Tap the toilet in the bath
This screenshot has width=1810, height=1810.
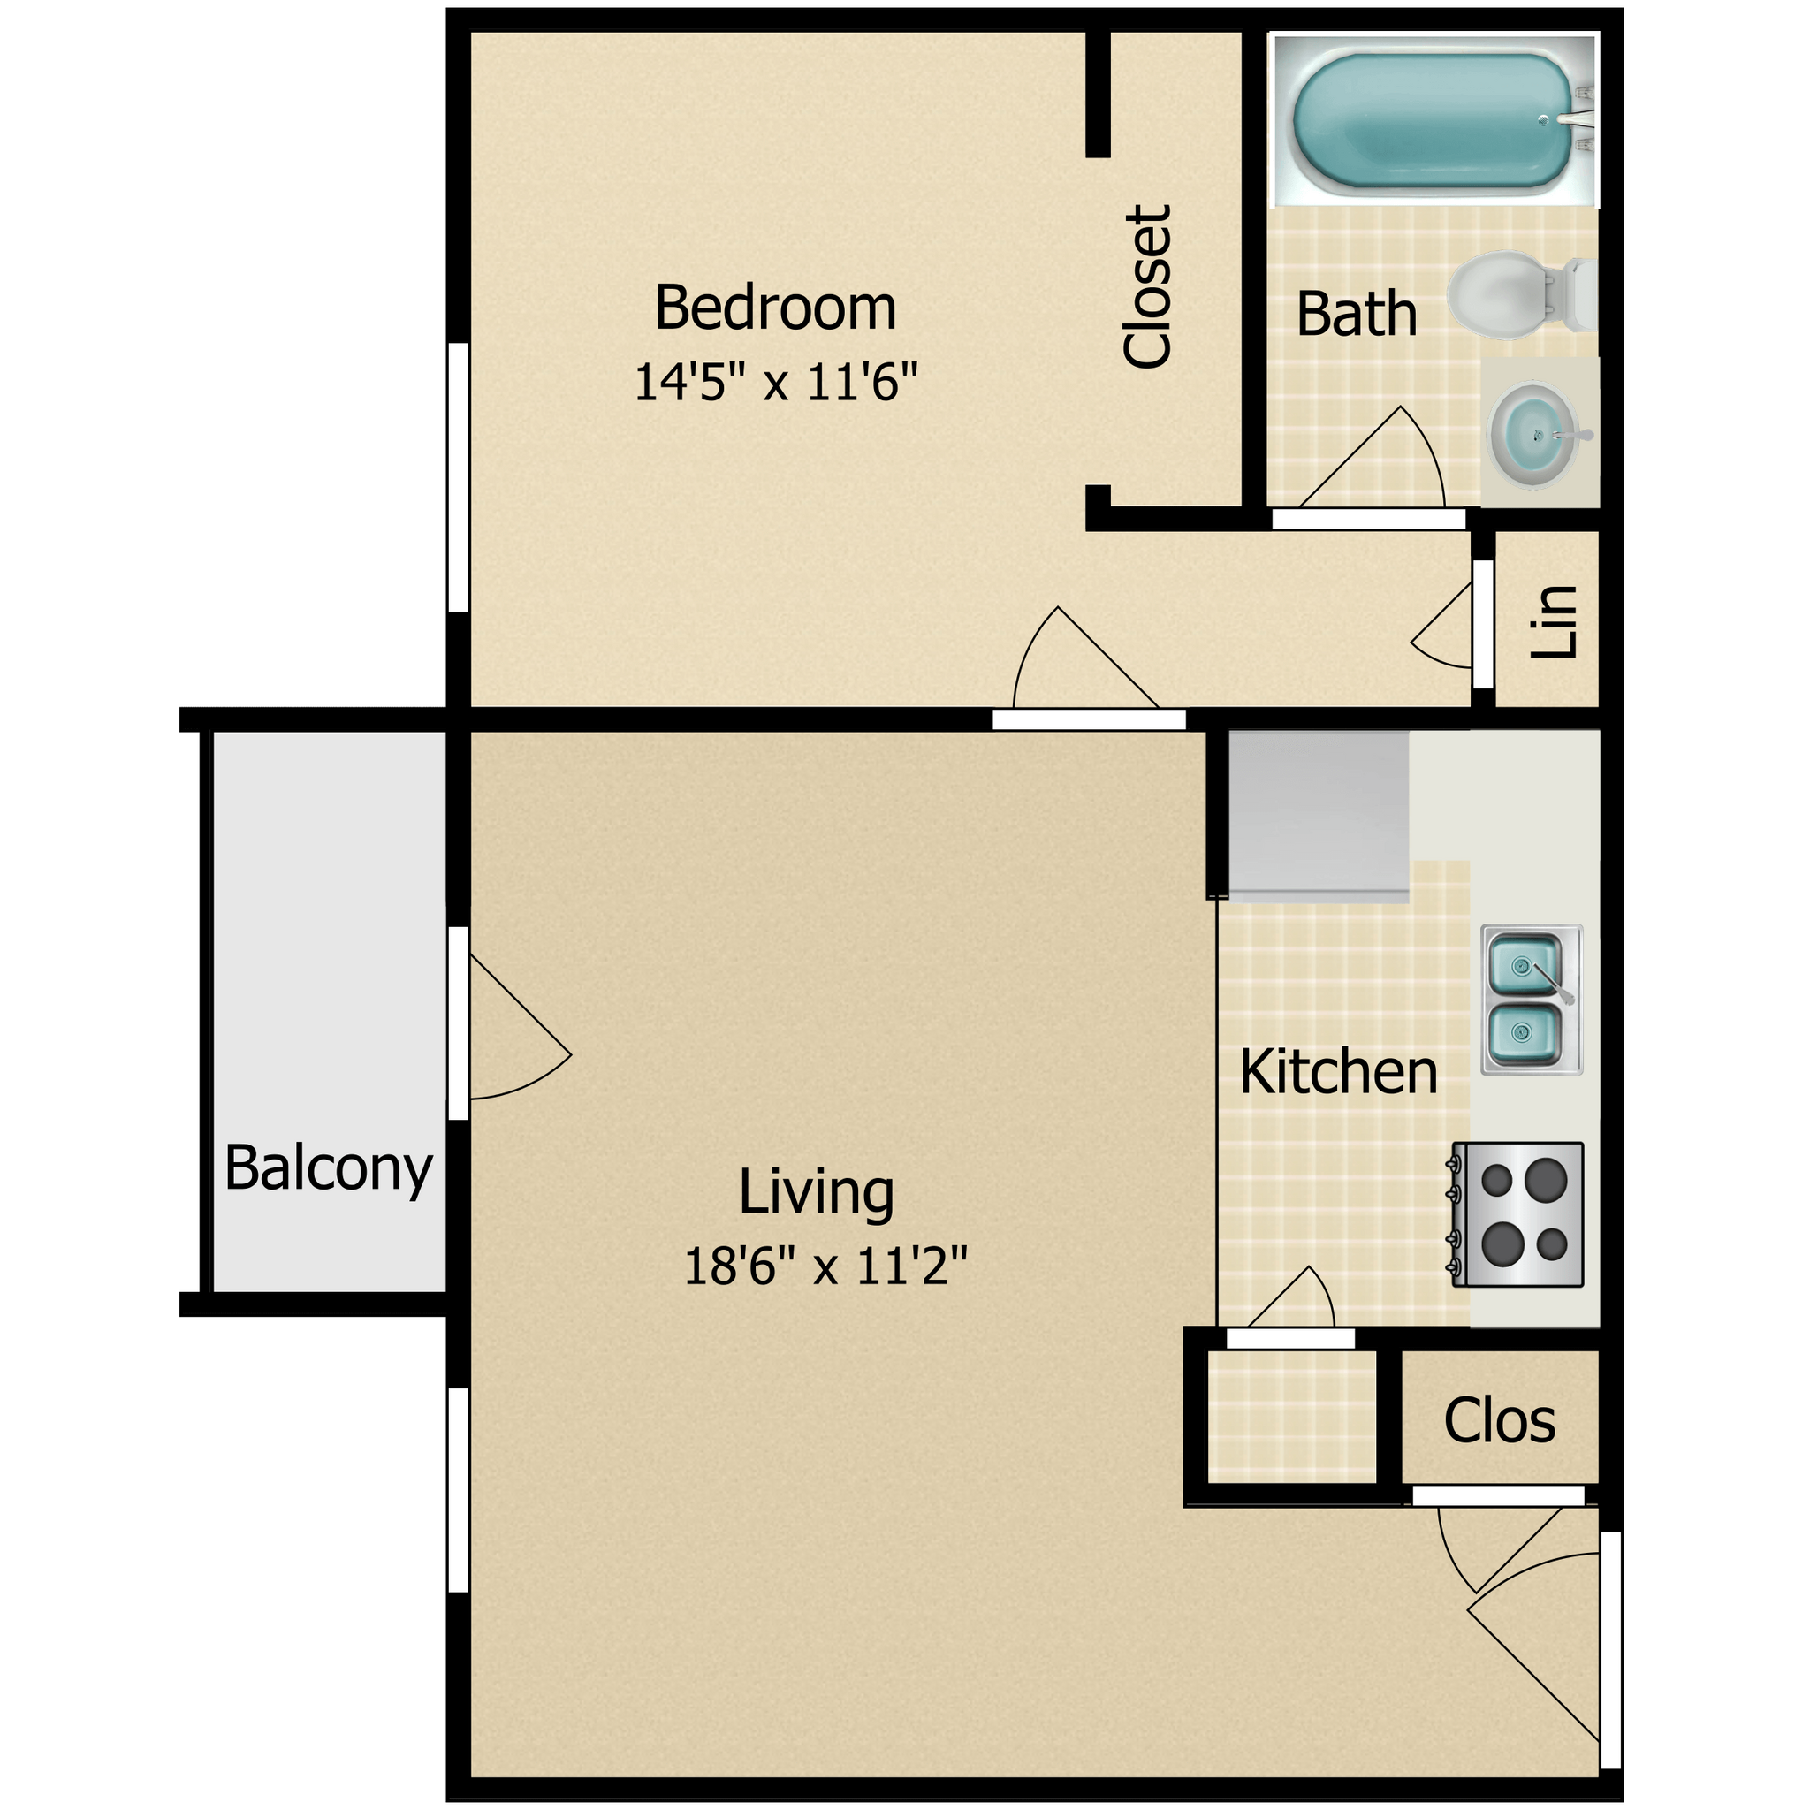point(1509,294)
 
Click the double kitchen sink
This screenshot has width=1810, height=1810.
point(1530,999)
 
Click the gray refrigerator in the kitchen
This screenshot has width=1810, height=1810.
point(1318,813)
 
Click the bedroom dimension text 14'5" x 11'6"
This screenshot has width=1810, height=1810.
point(775,382)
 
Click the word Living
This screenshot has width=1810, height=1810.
point(816,1192)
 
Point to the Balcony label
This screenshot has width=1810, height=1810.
point(328,1168)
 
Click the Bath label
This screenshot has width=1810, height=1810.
point(1356,315)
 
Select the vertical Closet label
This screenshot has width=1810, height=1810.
point(1146,286)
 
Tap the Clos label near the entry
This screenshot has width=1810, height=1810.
point(1499,1420)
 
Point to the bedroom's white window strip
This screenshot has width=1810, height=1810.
point(458,477)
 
